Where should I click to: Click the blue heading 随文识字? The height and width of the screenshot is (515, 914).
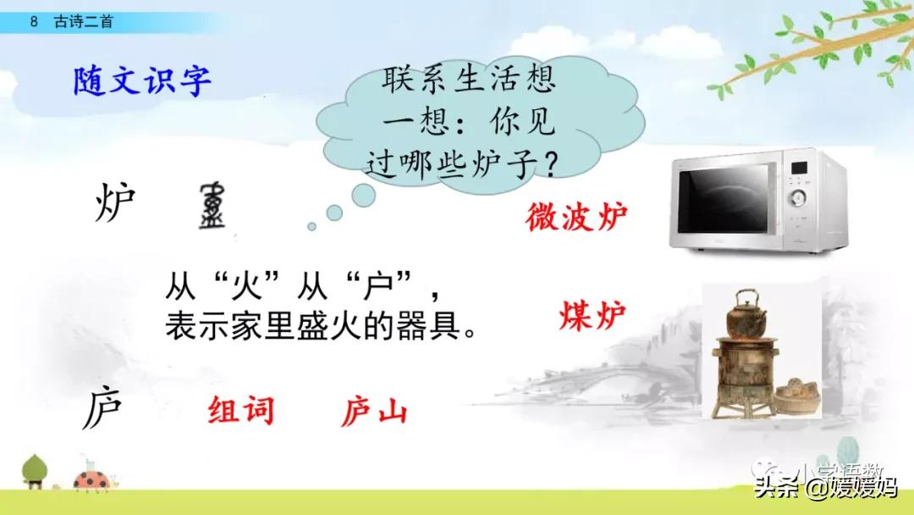(x=141, y=81)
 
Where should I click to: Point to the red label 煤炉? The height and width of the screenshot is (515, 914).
(x=592, y=316)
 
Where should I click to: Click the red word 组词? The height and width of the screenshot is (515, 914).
(x=242, y=411)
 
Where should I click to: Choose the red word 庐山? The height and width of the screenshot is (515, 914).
(x=374, y=412)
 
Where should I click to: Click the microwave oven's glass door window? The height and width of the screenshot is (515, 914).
(x=728, y=196)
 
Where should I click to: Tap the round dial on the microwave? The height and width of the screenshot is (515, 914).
(x=799, y=198)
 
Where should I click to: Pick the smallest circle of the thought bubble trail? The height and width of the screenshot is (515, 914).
(x=312, y=226)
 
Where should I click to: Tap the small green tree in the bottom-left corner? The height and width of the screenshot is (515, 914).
(x=35, y=470)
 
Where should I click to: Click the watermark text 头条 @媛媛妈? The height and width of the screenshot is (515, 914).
(x=825, y=488)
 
